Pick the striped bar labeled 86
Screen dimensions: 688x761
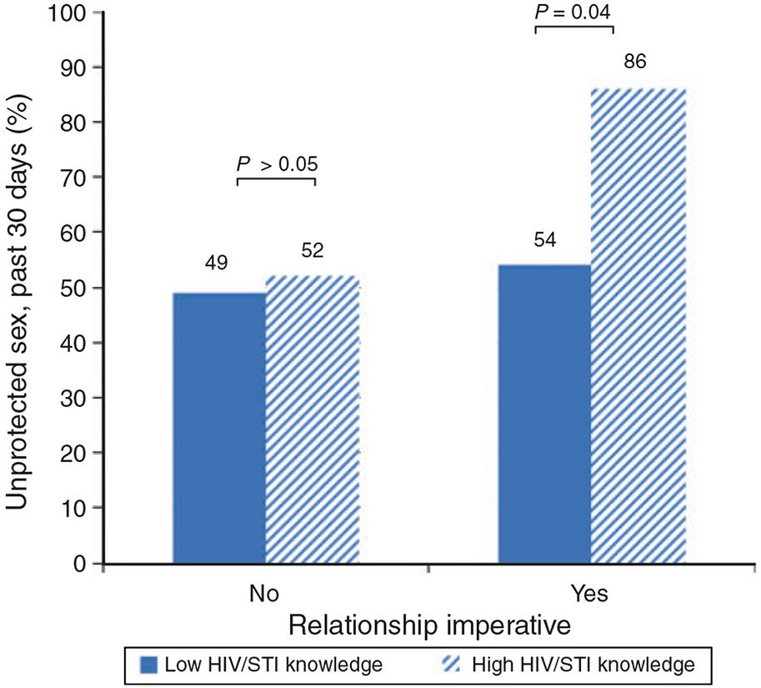(638, 326)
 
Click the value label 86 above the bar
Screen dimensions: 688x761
(636, 62)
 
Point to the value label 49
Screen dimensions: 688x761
(216, 264)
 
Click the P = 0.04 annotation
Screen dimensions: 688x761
(574, 12)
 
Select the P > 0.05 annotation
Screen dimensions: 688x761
(277, 163)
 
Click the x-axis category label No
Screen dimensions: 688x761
(263, 594)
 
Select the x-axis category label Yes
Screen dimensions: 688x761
(590, 594)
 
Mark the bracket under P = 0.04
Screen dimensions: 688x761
(574, 28)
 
